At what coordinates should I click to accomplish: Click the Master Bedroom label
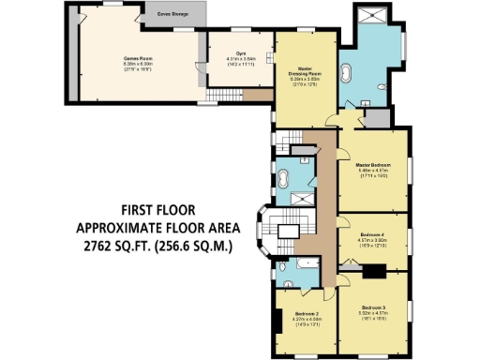click(372, 164)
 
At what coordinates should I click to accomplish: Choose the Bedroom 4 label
click(372, 233)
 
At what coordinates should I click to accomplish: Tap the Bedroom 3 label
click(373, 307)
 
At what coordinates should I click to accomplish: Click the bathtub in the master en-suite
click(347, 72)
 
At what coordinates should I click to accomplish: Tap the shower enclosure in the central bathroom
click(300, 198)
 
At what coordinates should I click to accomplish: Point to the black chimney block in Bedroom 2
click(279, 322)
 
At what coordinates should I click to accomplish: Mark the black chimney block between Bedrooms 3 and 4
click(374, 272)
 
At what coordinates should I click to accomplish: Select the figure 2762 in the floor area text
click(97, 247)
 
